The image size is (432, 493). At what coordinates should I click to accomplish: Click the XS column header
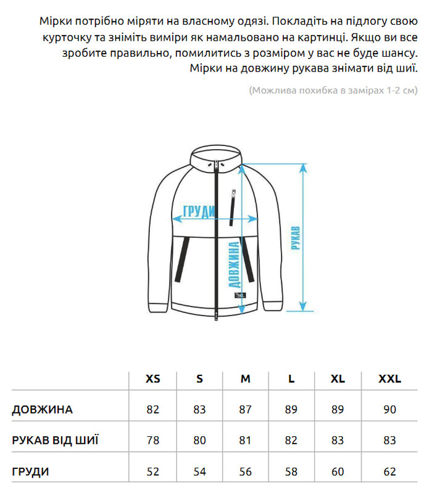pos(152,379)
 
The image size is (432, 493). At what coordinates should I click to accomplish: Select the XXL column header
pos(389,379)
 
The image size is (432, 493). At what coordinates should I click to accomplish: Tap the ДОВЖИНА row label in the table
pos(42,410)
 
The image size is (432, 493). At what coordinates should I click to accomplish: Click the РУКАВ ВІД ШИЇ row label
pos(55,441)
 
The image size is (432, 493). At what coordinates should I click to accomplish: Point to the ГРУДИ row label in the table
pos(30,472)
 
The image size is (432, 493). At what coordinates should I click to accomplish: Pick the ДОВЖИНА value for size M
pos(246,410)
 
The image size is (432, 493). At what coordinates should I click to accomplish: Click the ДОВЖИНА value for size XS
pos(152,410)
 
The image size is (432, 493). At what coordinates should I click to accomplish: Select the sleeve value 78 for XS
pos(152,441)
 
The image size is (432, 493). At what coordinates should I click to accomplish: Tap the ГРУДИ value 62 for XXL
pos(389,472)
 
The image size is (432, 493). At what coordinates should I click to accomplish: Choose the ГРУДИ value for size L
pos(292,472)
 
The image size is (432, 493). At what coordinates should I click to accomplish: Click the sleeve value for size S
pos(199,441)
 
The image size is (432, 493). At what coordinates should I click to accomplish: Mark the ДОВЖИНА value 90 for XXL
pos(389,410)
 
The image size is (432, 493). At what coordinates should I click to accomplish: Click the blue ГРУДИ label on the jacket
pos(199,212)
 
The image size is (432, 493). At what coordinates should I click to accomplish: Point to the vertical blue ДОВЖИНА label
pos(234,265)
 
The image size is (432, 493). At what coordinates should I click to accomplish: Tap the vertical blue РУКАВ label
pos(295,238)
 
